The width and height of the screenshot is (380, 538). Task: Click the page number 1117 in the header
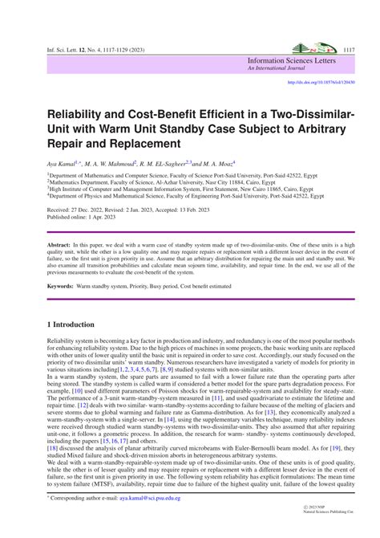click(x=348, y=49)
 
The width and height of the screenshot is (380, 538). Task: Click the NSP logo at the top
click(x=314, y=48)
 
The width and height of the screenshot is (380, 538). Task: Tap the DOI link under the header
click(x=321, y=82)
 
